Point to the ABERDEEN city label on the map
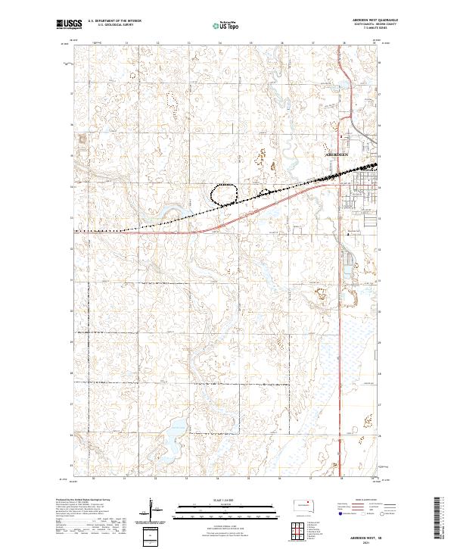[337, 154]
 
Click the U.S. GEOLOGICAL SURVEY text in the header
[110, 27]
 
